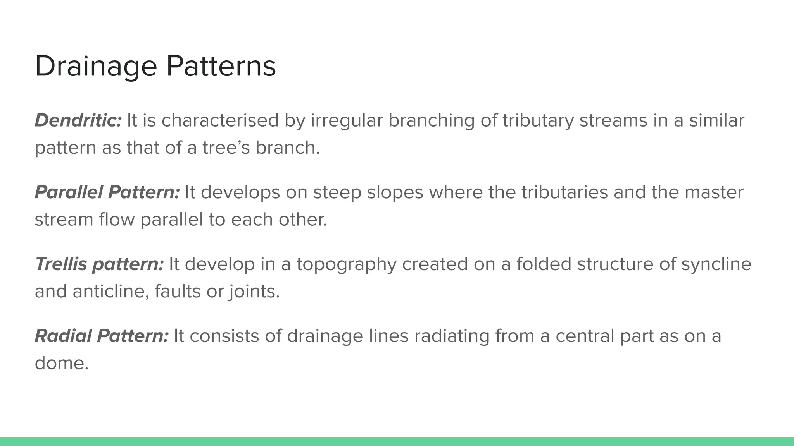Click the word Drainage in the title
pyautogui.click(x=96, y=67)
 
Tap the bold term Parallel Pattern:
pyautogui.click(x=107, y=192)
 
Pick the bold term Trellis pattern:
pyautogui.click(x=99, y=264)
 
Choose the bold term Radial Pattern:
pyautogui.click(x=102, y=336)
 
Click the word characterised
pyautogui.click(x=220, y=120)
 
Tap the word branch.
pyautogui.click(x=287, y=148)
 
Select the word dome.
pyautogui.click(x=61, y=363)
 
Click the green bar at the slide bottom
pyautogui.click(x=397, y=442)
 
